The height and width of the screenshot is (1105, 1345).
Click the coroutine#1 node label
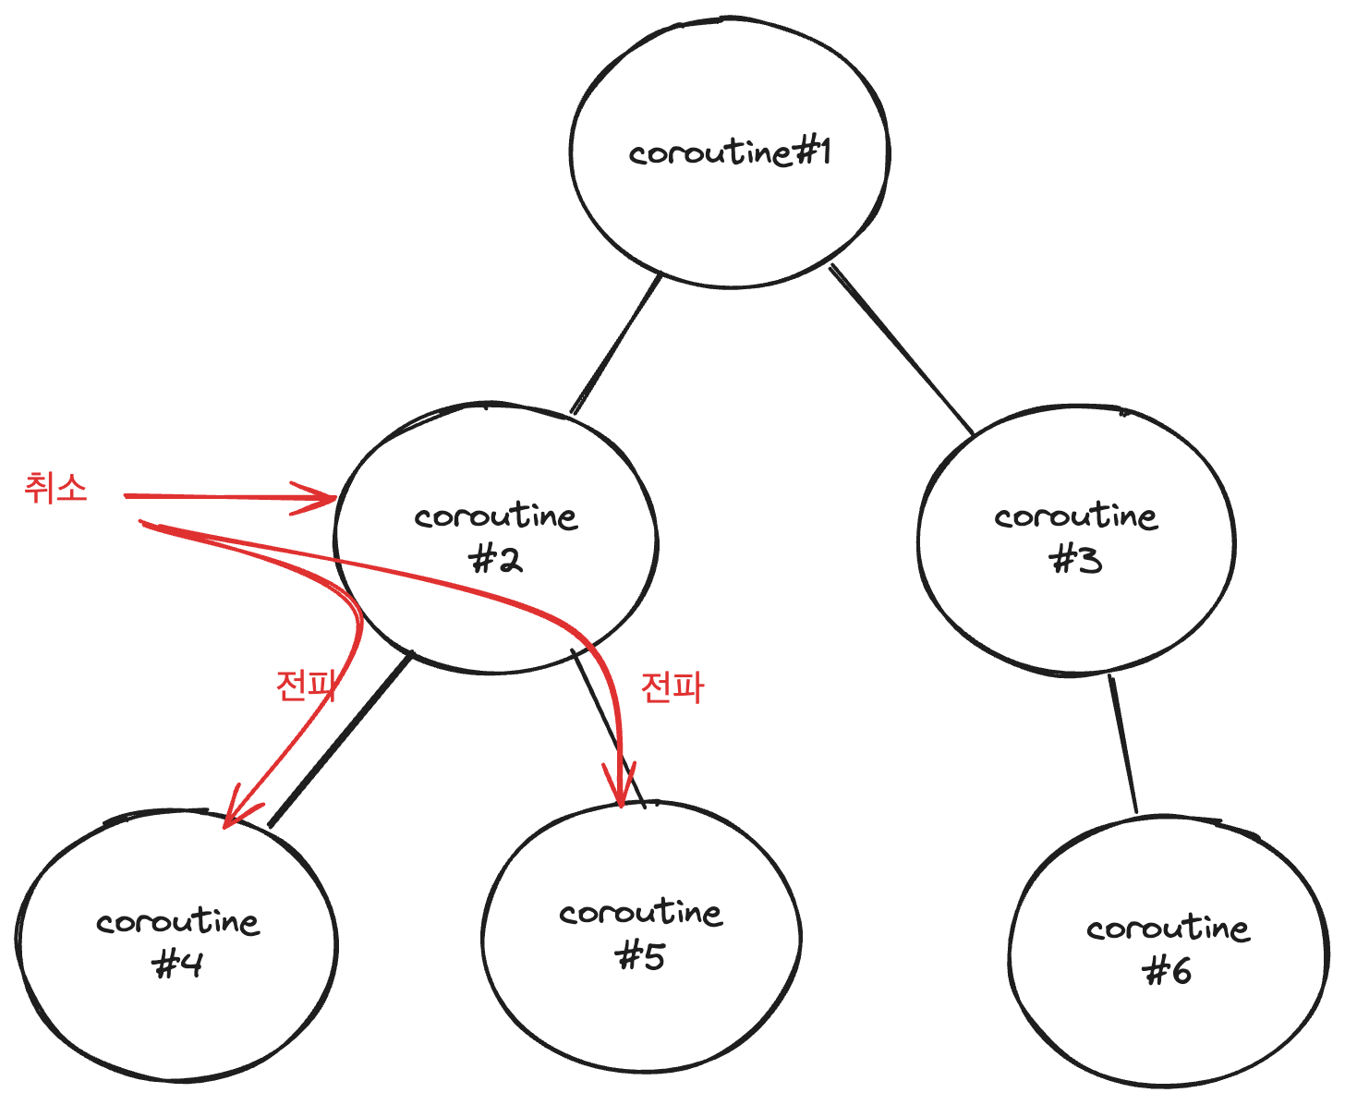(x=730, y=152)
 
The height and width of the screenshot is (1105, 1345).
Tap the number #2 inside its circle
(x=497, y=559)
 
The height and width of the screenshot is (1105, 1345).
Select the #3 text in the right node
(x=1077, y=560)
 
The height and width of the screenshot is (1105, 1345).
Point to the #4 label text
(x=177, y=965)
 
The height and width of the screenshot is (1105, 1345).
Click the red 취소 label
(x=56, y=487)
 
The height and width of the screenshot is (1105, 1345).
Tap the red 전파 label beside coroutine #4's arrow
(x=306, y=686)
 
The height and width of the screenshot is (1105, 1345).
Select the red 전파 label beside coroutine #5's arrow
(x=672, y=687)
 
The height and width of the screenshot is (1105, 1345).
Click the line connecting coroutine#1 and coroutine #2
(x=616, y=345)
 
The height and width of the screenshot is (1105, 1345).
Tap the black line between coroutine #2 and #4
(x=340, y=739)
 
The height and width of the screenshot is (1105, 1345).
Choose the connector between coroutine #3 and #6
(x=1123, y=745)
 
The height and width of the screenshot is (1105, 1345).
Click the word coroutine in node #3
(x=1076, y=516)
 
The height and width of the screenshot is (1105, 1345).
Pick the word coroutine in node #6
(x=1169, y=928)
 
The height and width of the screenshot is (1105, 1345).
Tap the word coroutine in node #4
(x=178, y=921)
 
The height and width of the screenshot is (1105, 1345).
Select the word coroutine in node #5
(x=640, y=913)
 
